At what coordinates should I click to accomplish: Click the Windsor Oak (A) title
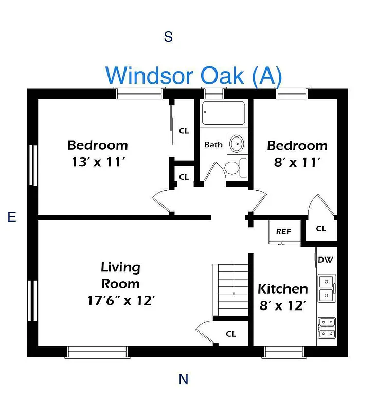click(194, 75)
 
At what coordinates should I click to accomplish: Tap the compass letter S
click(168, 37)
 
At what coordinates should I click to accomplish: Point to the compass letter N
click(183, 380)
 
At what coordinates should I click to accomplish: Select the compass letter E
click(12, 217)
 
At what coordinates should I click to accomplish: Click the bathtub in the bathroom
click(223, 113)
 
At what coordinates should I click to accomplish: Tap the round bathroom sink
click(237, 144)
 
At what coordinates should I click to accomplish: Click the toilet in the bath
click(234, 168)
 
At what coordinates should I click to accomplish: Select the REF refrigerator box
click(283, 231)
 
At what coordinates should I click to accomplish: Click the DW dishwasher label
click(325, 260)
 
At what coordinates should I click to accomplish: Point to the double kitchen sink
click(326, 288)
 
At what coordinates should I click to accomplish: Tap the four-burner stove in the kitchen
click(326, 328)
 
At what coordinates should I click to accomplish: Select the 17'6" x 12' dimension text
click(121, 300)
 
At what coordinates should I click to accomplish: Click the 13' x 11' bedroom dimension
click(98, 162)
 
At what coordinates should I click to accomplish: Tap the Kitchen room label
click(282, 289)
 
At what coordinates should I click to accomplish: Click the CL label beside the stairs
click(231, 334)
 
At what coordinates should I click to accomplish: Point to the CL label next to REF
click(321, 229)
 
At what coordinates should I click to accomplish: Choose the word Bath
click(213, 144)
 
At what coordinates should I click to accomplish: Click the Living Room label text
click(120, 276)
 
